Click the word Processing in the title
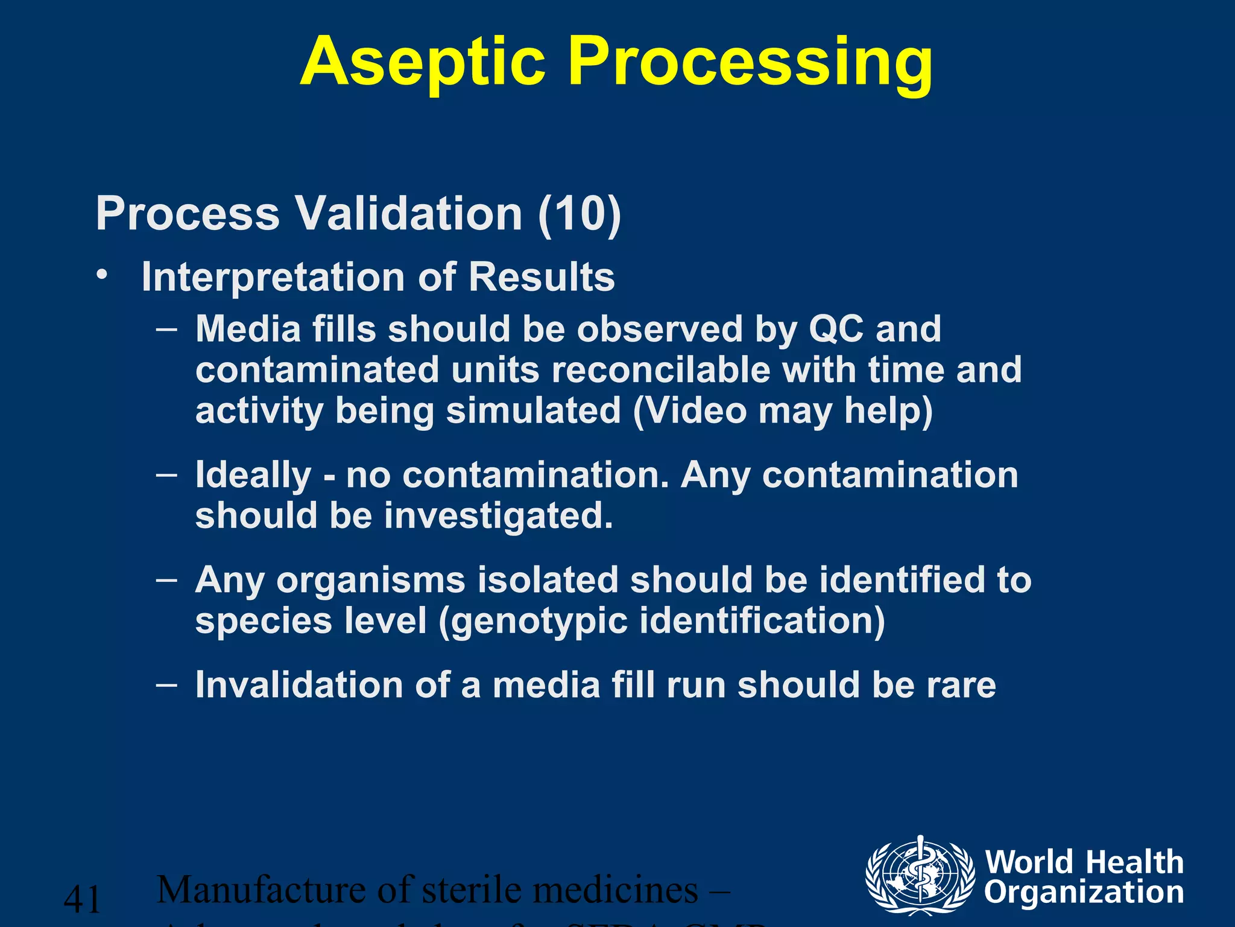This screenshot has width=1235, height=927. tap(750, 63)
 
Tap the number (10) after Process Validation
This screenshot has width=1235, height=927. tap(579, 214)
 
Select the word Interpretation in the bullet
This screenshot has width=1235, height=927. tap(273, 278)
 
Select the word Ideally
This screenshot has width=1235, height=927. tap(253, 476)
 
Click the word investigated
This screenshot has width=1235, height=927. tap(498, 516)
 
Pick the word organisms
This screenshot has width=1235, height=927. tap(371, 581)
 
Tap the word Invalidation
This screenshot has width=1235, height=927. tap(299, 686)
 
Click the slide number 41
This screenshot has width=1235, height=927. tap(82, 899)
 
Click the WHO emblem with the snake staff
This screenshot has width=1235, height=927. tap(920, 875)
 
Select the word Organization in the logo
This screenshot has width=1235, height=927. tap(1084, 893)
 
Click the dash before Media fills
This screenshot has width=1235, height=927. tap(166, 330)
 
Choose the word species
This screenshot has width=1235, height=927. tap(264, 622)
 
